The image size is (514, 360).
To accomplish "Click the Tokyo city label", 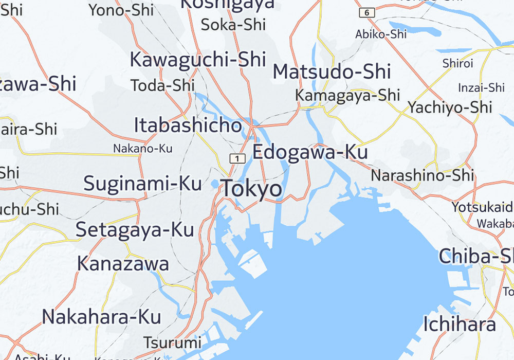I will (x=251, y=189).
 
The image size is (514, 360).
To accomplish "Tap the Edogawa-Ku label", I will (x=310, y=152).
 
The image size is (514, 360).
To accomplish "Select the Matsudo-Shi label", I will (x=332, y=72).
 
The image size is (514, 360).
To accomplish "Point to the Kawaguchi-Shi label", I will (x=198, y=60).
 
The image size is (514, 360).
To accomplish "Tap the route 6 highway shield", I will (x=367, y=12).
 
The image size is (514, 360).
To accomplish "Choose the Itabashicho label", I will (x=188, y=125).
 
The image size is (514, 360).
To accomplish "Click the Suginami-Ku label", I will (x=142, y=183).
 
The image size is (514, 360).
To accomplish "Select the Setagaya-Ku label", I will (x=135, y=229).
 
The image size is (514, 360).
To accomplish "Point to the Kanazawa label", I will (x=123, y=263).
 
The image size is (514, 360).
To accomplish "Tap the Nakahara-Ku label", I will (x=101, y=316).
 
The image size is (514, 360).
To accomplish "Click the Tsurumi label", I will (x=172, y=342).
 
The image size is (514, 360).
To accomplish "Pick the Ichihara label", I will (x=460, y=324).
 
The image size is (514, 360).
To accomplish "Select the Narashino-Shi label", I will (x=422, y=175).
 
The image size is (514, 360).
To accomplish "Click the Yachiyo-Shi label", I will (x=450, y=107).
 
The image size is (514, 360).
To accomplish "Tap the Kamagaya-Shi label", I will (x=347, y=95).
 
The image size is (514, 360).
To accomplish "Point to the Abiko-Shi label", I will (x=381, y=34).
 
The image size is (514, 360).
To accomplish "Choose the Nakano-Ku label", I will (x=143, y=149).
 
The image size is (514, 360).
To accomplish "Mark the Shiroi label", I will (x=457, y=63).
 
